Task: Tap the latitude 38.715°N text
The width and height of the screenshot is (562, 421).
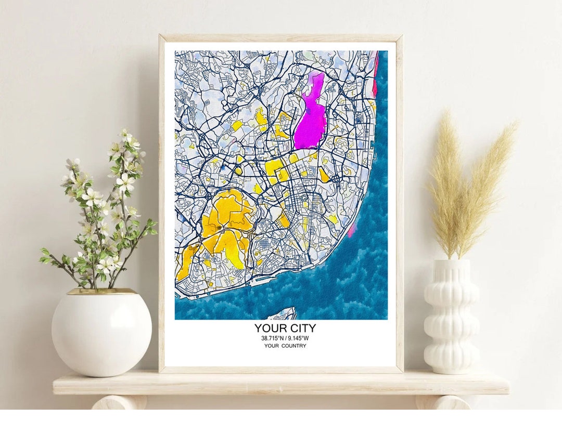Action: (272, 338)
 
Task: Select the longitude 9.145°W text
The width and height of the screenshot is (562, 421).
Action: (298, 338)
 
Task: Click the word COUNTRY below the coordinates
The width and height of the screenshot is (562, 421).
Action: (294, 346)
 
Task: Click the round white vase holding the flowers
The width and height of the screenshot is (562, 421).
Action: (101, 333)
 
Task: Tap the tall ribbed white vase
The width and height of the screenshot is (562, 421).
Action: (451, 317)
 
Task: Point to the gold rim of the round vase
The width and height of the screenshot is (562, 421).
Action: (101, 292)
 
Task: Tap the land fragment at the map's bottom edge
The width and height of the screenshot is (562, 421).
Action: (282, 314)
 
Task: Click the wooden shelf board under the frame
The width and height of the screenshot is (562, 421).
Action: (281, 384)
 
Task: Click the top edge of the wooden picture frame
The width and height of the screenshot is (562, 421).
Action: (281, 38)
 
